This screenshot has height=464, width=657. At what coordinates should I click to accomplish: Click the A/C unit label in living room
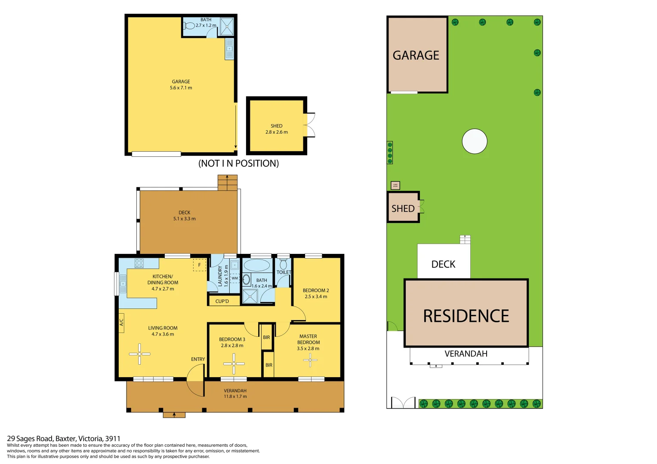[x=121, y=320]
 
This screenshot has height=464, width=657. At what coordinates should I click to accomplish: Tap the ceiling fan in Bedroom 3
[x=234, y=363]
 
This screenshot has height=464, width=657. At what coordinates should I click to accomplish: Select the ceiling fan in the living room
[x=139, y=354]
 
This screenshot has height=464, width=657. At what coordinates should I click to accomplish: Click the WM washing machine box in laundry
[x=234, y=278]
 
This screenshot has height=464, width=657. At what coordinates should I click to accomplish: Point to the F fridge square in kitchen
[x=199, y=265]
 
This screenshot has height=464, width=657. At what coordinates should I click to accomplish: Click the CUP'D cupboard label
[x=222, y=301]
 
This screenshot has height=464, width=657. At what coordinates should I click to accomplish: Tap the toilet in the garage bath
[x=189, y=26]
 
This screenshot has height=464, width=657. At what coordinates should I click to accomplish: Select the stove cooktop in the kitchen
[x=139, y=263]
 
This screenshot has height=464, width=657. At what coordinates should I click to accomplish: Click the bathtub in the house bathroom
[x=256, y=265]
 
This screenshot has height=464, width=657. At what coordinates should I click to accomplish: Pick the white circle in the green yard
[x=475, y=141]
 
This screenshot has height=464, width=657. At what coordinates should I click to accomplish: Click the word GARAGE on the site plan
[x=416, y=55]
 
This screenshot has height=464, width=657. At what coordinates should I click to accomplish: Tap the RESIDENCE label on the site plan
[x=466, y=316]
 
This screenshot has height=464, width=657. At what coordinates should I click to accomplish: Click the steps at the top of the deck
[x=227, y=183]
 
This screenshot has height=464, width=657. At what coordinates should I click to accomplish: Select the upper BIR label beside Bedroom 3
[x=266, y=337]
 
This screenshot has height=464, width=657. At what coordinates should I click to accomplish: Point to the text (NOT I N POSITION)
[x=238, y=163]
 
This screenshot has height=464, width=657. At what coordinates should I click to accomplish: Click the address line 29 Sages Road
[x=64, y=439]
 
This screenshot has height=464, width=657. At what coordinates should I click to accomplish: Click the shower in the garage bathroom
[x=226, y=27]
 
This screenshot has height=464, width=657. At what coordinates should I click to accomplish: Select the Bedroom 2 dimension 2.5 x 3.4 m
[x=316, y=296]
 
